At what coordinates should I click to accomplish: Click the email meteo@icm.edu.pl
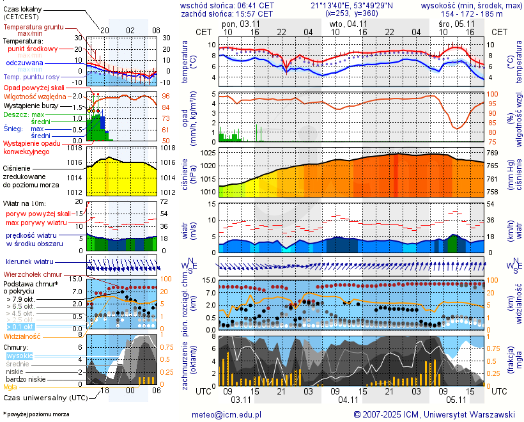227,414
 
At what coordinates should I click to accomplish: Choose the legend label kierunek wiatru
30,262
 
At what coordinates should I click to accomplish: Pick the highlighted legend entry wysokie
19,356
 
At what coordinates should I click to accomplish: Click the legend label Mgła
10,387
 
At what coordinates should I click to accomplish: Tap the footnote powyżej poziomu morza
37,414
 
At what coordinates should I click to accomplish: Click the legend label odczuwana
24,63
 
